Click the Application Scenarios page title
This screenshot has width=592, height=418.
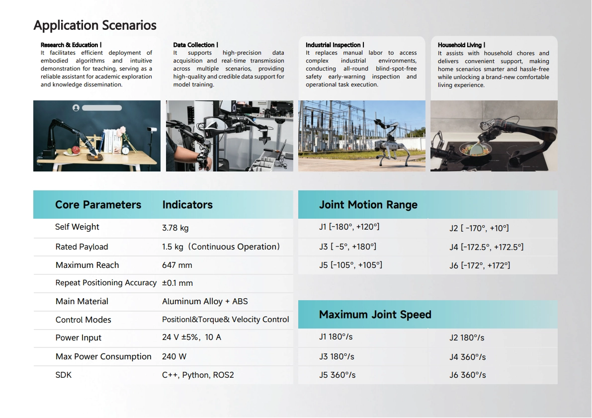95,25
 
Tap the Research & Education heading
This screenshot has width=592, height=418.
71,45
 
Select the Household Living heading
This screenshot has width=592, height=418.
461,45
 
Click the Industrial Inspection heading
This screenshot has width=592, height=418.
335,45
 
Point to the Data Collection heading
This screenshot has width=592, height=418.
195,45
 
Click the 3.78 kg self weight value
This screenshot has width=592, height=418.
175,228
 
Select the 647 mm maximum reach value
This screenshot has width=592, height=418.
177,265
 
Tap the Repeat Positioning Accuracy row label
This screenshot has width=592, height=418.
106,283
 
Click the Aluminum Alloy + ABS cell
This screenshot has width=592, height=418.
205,301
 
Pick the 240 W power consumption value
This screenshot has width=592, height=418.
174,356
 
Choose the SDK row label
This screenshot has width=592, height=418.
64,375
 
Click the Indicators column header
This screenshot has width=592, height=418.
187,205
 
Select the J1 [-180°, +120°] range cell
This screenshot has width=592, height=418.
349,227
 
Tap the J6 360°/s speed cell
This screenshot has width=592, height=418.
467,375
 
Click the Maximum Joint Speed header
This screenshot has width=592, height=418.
375,315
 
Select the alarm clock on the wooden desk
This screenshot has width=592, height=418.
126,150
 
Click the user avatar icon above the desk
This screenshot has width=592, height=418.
76,108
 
